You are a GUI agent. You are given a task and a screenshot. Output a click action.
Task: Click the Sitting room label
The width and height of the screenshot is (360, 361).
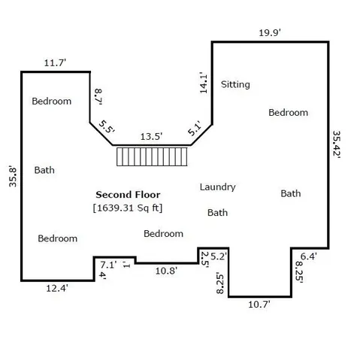(235, 84)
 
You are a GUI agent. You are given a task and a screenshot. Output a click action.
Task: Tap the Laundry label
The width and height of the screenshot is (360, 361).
(218, 187)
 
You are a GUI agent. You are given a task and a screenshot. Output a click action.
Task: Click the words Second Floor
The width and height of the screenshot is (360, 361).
(128, 194)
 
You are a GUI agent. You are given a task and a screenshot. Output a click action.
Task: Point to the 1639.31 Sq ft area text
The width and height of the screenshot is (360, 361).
(128, 207)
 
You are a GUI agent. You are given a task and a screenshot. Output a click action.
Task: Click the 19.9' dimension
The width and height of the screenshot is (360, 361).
(271, 32)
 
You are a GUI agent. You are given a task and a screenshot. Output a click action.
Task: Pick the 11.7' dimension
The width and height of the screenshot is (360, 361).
(56, 63)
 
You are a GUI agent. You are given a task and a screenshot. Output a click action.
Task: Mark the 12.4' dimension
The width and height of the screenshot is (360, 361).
(56, 289)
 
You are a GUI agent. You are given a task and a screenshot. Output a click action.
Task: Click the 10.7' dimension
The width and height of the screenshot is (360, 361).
(260, 305)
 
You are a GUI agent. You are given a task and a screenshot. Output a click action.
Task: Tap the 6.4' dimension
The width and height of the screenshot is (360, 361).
(310, 256)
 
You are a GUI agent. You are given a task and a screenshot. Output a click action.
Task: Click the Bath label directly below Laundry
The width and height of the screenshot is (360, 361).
(218, 213)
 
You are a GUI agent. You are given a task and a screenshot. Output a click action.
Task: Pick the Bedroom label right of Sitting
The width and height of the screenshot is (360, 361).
(289, 113)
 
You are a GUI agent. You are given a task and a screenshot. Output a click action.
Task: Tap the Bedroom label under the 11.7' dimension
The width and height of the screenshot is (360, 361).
(52, 101)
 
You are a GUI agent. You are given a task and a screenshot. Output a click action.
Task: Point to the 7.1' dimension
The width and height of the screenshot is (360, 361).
(108, 265)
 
